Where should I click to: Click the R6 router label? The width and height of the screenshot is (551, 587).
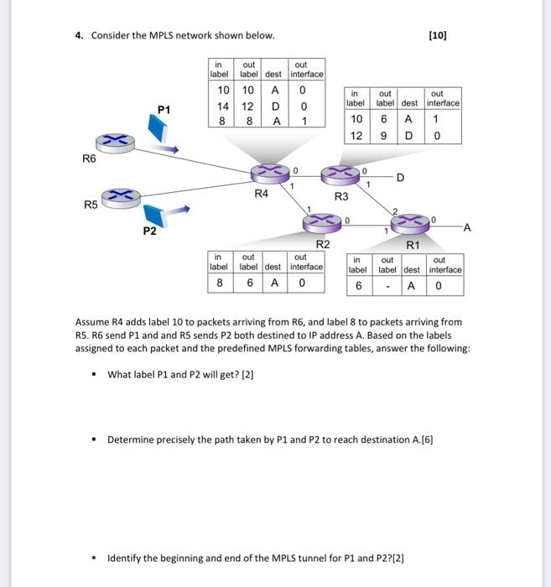click(x=89, y=157)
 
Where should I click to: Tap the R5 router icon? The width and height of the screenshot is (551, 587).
click(x=121, y=196)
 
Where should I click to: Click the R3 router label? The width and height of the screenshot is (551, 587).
click(x=340, y=196)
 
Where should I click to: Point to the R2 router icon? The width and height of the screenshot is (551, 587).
click(x=321, y=221)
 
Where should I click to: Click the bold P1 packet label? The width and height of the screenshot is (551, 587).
click(x=164, y=109)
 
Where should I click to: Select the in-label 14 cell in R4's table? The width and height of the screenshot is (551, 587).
click(x=223, y=106)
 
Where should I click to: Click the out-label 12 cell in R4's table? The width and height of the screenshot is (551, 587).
click(x=248, y=106)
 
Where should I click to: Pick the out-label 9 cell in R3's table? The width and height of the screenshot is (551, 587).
click(x=386, y=135)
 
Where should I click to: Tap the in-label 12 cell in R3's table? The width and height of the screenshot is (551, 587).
click(x=356, y=135)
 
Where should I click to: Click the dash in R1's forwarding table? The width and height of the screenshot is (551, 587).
click(x=387, y=286)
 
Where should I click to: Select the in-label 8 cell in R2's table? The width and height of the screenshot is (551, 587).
click(x=220, y=283)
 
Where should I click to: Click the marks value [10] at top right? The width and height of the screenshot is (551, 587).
click(x=437, y=35)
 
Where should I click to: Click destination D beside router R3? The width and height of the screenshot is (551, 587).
click(x=400, y=177)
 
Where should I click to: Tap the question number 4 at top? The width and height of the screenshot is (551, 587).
click(x=79, y=35)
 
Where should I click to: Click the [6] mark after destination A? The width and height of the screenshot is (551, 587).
click(x=426, y=439)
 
